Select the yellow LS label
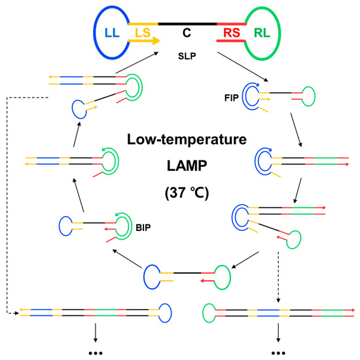[x=142, y=32]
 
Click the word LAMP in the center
[x=179, y=167]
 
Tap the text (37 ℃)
[x=179, y=194]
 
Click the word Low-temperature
[x=179, y=140]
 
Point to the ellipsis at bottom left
[x=95, y=352]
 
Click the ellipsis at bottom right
[x=279, y=352]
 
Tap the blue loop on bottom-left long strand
[x=163, y=311]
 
